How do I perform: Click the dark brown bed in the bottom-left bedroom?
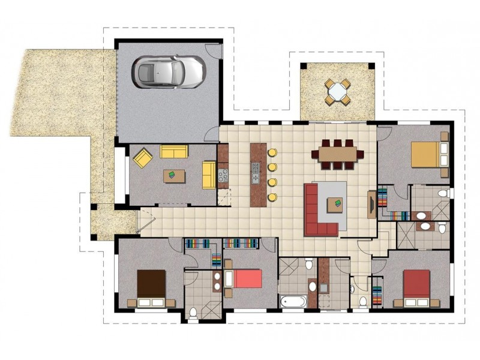click(151, 284)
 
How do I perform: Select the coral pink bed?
click(244, 279)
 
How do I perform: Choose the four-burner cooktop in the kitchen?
click(224, 176)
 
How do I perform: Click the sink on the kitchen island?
click(256, 172)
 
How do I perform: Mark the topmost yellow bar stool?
click(272, 152)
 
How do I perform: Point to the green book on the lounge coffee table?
click(171, 175)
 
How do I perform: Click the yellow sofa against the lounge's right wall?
click(209, 174)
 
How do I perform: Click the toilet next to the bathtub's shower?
click(308, 265)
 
